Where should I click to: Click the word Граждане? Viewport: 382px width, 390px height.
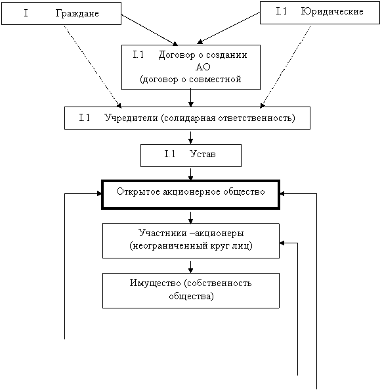point(77,13)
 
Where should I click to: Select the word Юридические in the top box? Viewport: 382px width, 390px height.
point(332,11)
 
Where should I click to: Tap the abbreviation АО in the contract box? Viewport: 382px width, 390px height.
point(203,67)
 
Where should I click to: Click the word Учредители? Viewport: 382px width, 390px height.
point(131,118)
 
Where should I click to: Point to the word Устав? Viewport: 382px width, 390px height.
point(203,154)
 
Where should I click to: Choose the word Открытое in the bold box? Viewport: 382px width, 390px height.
point(138,192)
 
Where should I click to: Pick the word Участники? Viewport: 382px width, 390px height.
point(163,233)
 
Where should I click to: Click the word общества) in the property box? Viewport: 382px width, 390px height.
point(191,296)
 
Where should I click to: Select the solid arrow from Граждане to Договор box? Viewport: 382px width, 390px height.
point(150,30)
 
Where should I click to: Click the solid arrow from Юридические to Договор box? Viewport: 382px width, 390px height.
point(228,28)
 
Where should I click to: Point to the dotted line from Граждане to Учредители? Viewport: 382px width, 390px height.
point(93,67)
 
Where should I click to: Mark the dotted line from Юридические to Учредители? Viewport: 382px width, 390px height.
point(286,67)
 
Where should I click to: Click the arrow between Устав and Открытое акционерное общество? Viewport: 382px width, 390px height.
point(190,174)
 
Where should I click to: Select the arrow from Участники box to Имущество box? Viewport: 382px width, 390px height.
point(190,267)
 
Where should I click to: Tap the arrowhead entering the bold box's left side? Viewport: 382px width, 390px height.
point(100,193)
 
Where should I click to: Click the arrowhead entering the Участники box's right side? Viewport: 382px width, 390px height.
point(282,243)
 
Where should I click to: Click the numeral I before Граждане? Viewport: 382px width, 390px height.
point(26,13)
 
